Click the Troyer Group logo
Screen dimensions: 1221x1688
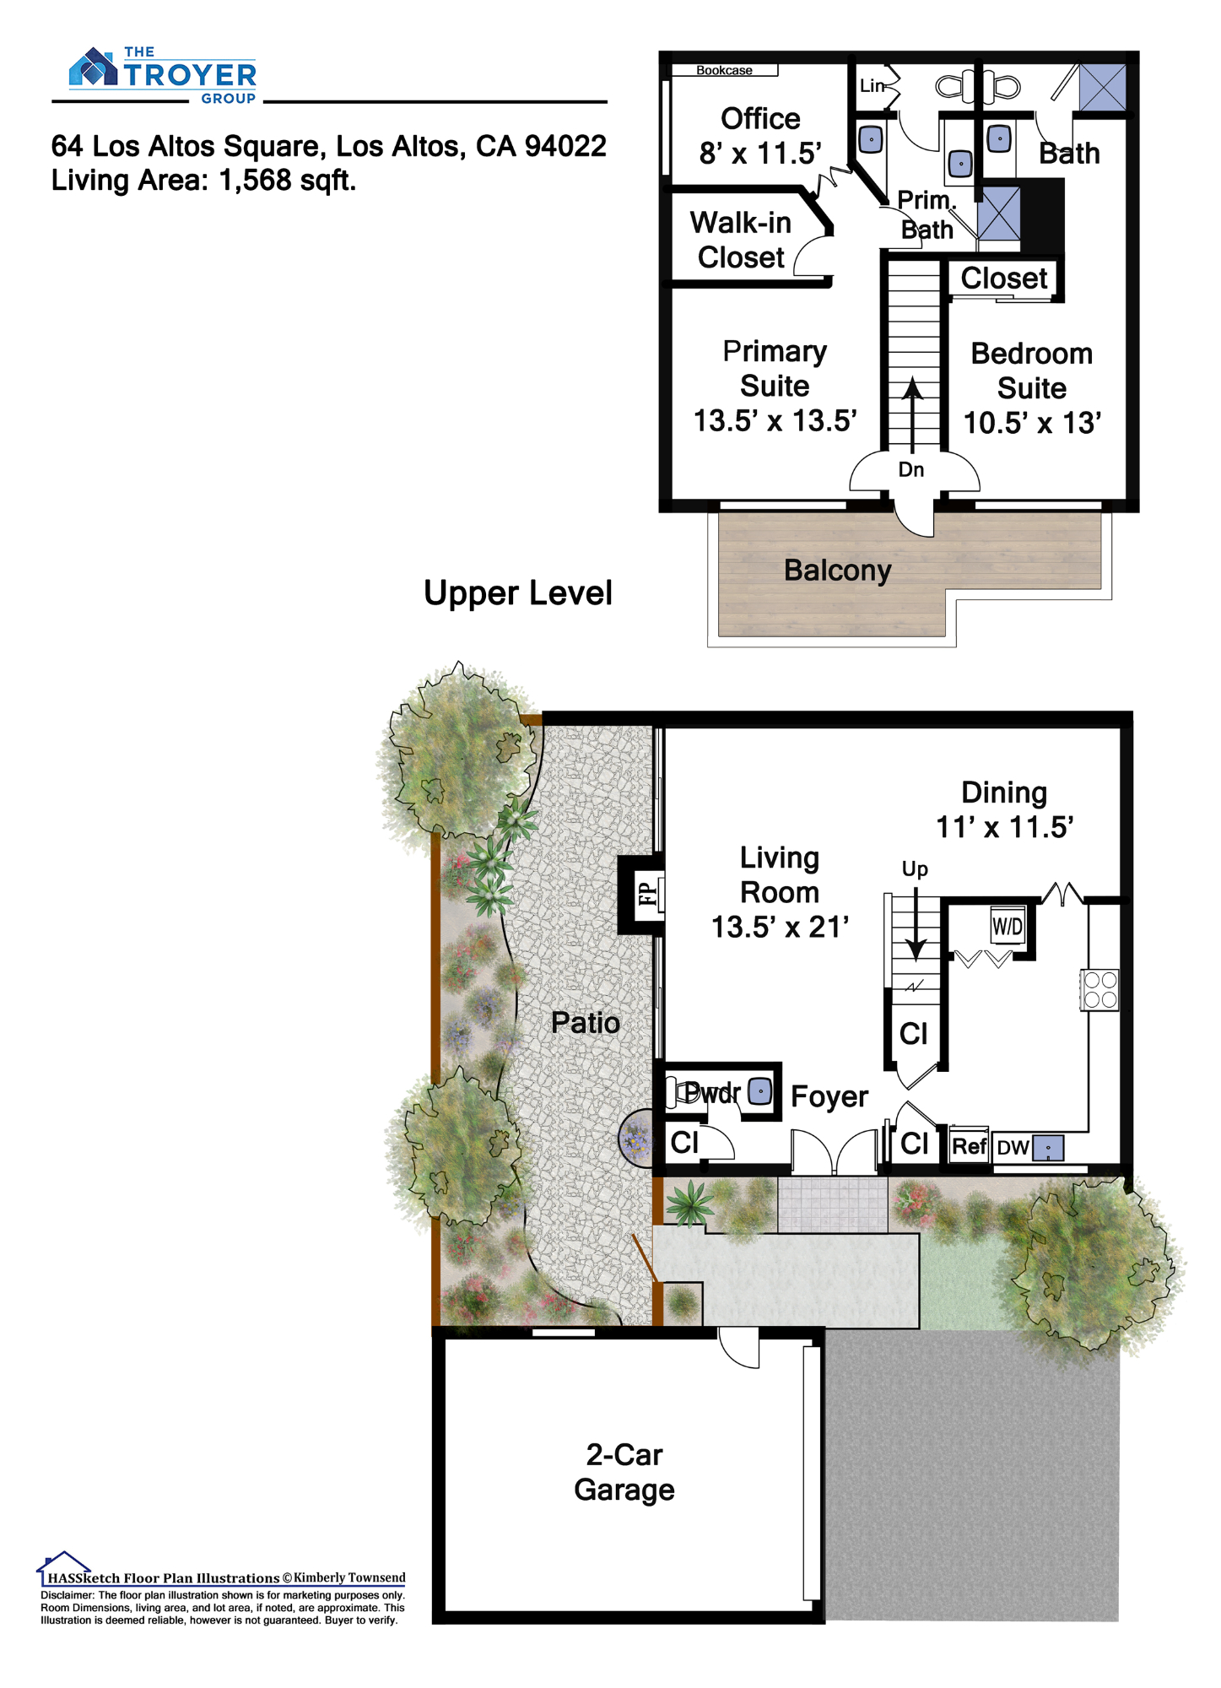click(x=163, y=76)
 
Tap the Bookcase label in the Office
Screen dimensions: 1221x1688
click(x=724, y=70)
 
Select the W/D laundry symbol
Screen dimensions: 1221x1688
click(x=1007, y=926)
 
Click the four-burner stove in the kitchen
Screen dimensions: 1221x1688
click(x=1100, y=990)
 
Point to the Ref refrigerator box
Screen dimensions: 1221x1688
click(x=970, y=1145)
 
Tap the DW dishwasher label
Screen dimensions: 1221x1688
click(x=1013, y=1148)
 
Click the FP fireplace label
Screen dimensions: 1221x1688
click(x=646, y=893)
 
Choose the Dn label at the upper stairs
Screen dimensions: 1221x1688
click(x=910, y=469)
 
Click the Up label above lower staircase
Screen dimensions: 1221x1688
click(x=915, y=869)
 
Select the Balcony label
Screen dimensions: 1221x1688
click(x=837, y=571)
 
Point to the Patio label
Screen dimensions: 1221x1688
click(x=585, y=1023)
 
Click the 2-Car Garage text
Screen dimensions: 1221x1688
click(x=624, y=1472)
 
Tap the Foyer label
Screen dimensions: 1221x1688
click(x=829, y=1096)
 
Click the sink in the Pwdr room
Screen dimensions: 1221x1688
click(x=760, y=1091)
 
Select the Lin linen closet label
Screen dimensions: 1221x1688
click(x=872, y=85)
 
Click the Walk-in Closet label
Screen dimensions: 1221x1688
click(x=741, y=241)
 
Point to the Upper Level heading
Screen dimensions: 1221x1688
click(x=517, y=593)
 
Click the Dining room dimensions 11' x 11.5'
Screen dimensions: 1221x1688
click(x=1004, y=827)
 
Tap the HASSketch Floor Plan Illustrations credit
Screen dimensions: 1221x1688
click(x=163, y=1577)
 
